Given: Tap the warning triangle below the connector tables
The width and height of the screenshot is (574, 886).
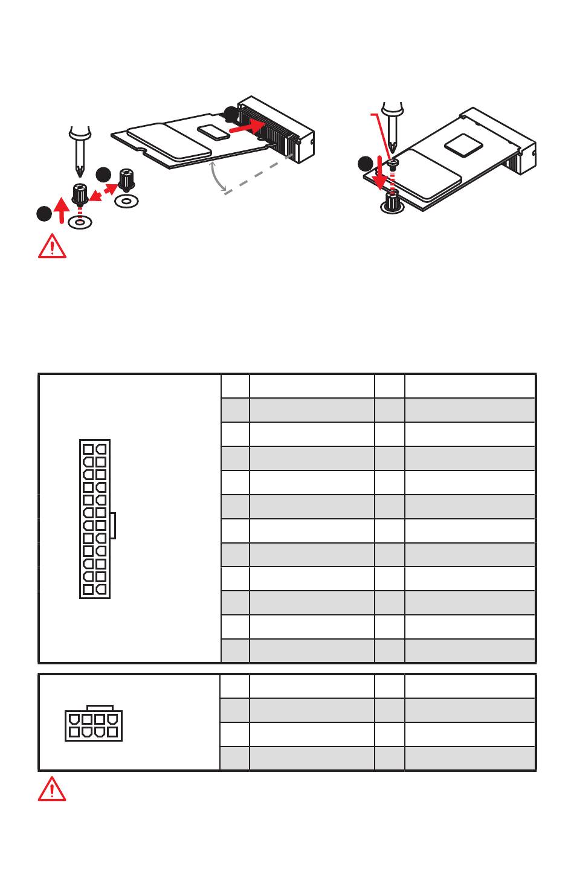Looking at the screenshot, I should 52,789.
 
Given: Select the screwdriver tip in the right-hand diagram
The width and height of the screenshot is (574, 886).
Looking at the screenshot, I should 393,147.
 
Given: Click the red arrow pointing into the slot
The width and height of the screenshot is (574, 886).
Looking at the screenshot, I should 247,127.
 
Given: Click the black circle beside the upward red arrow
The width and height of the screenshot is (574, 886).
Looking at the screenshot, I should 43,213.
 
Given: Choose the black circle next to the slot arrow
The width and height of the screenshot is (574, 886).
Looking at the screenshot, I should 231,112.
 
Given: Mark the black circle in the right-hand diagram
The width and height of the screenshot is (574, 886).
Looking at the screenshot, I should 365,164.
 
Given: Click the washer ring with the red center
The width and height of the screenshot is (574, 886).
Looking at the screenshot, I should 79,222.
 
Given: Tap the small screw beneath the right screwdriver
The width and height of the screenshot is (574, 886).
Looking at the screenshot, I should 392,163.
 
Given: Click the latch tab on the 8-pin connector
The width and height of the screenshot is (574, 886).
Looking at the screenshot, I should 99,707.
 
